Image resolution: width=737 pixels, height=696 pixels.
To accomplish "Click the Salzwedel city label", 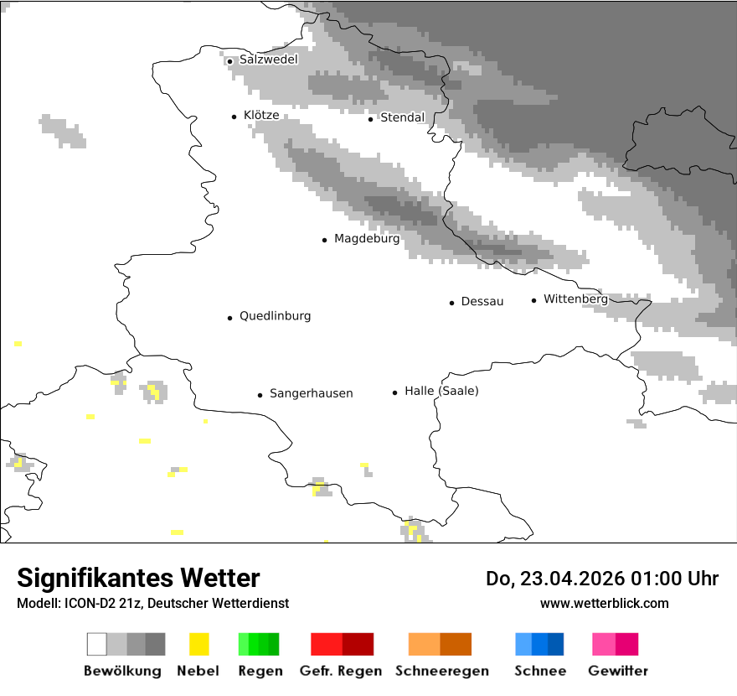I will point(268,60).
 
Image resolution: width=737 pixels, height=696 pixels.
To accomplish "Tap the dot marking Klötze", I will point(234,117).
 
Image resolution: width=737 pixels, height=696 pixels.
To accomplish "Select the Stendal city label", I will point(403,117).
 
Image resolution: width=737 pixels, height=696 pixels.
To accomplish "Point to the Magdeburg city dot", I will point(324,240).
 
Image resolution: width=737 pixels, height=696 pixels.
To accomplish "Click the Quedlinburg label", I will point(275,316).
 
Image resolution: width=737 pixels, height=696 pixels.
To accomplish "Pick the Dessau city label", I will point(482,301).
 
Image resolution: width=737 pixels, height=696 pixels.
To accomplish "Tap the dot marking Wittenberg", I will point(533,300).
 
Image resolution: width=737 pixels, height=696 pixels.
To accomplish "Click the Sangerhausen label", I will point(311,393).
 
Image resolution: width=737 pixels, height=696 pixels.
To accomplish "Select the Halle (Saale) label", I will point(441,391).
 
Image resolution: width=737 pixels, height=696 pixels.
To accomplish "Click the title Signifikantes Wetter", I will point(138,578).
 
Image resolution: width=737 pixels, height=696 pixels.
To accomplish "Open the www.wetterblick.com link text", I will point(604,603).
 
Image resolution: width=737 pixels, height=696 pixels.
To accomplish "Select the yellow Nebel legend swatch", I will point(198,644).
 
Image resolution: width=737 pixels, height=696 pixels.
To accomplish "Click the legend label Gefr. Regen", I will point(341,671).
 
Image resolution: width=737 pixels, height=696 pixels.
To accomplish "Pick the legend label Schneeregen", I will point(441,671).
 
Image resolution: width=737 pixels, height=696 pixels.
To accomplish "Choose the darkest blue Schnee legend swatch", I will point(556,644).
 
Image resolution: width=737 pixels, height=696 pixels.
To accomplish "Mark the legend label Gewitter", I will point(618,671).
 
